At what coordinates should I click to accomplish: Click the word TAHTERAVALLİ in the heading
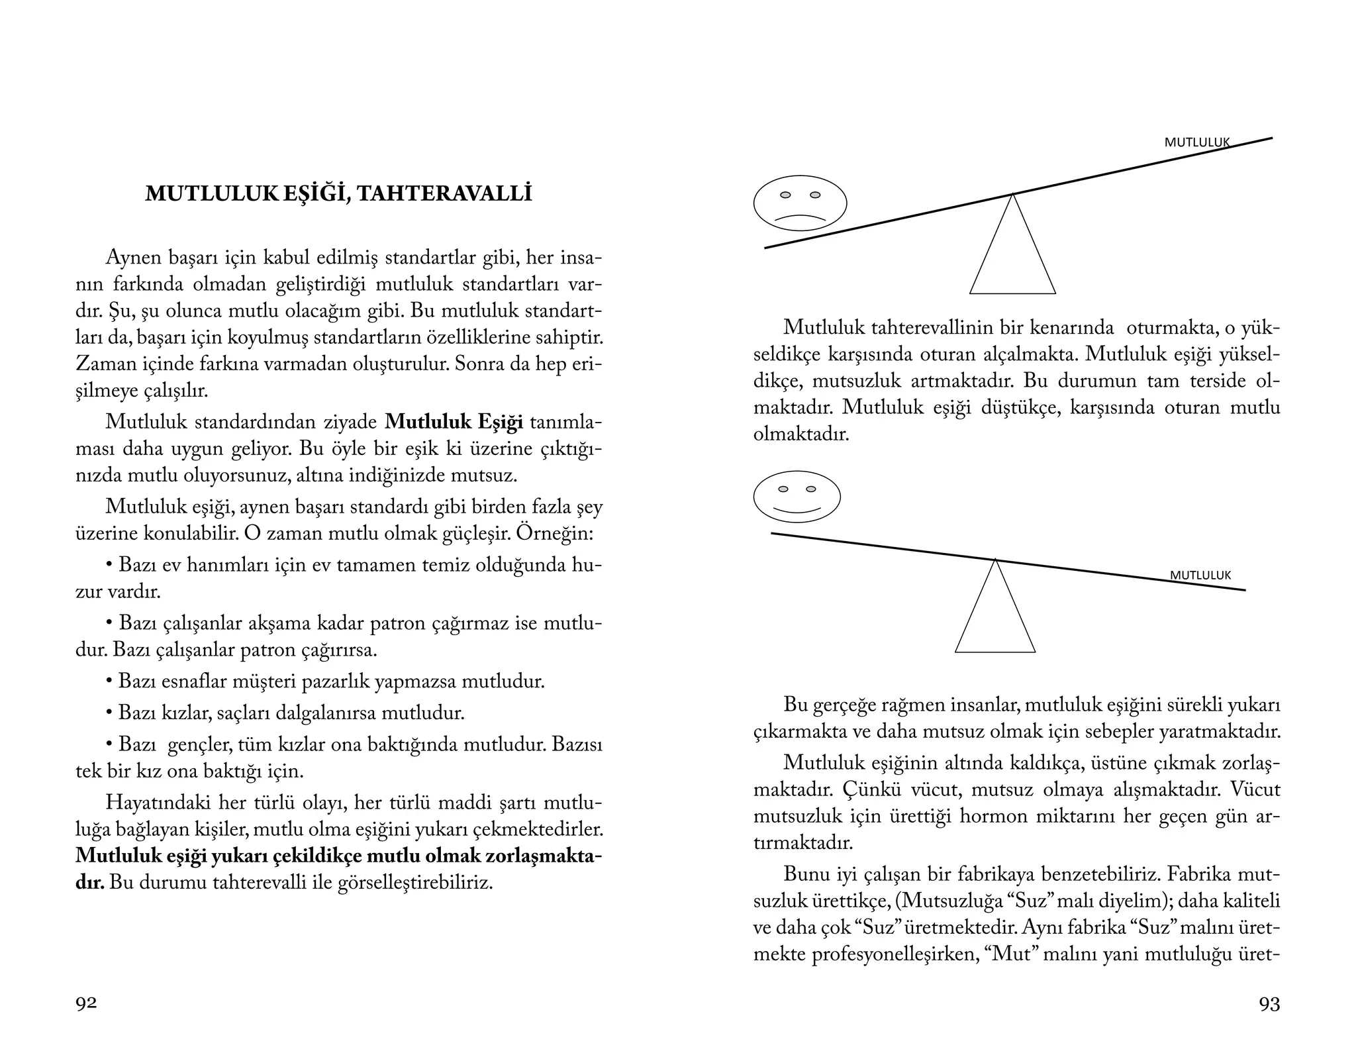446,193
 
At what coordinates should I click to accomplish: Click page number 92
86,1003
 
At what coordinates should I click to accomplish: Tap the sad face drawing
800,203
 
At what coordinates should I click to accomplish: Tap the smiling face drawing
797,497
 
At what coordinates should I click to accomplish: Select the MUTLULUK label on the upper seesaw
1196,142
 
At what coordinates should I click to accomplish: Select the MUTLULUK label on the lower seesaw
1200,576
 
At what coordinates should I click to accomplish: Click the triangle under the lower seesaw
994,619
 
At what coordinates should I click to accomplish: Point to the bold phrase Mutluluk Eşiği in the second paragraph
454,422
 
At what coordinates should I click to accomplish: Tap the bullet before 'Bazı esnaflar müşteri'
109,681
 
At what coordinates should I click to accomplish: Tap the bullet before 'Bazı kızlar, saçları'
109,713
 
